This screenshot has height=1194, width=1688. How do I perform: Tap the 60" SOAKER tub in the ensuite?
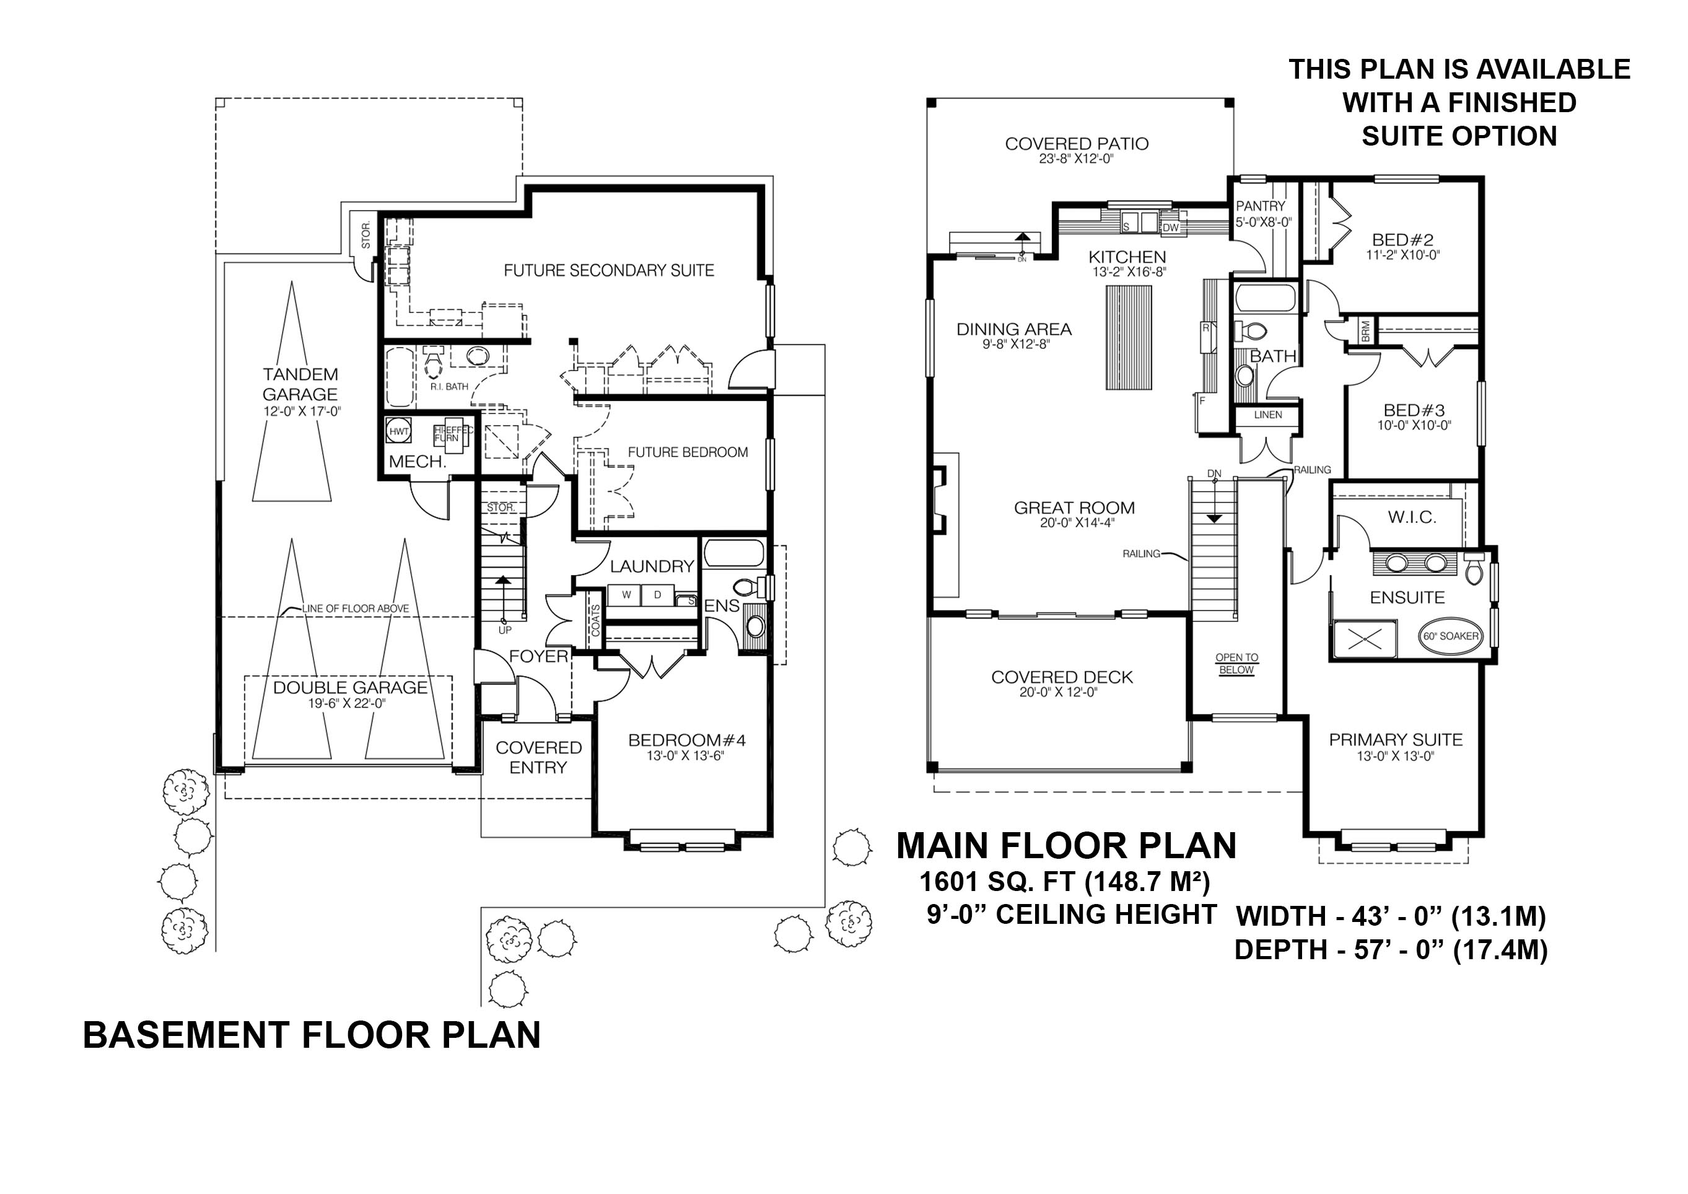1450,636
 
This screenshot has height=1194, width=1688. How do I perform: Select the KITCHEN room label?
1127,257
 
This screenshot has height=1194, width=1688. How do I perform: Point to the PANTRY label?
1261,206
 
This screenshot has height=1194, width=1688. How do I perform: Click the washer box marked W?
626,595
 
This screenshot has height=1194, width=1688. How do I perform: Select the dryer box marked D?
658,595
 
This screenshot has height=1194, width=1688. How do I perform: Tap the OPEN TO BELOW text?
1236,663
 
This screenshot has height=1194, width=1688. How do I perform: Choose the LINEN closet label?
1268,415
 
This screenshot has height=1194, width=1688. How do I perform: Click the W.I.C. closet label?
1412,517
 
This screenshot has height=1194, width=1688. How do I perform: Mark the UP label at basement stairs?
505,630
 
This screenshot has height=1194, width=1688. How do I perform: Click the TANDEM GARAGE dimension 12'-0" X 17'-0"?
302,411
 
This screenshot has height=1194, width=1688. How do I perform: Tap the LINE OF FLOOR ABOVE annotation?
355,608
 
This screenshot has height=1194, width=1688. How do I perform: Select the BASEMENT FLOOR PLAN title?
312,1035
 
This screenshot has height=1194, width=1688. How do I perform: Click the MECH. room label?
418,462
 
